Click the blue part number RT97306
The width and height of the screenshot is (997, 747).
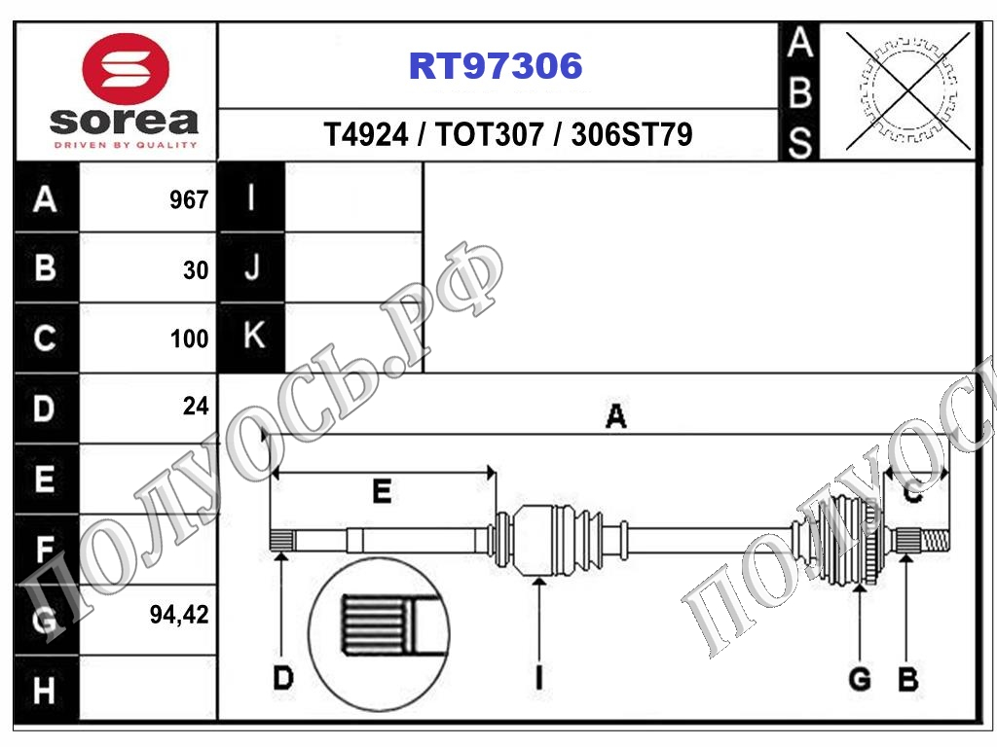click(x=496, y=65)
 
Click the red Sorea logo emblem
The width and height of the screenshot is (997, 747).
click(x=126, y=69)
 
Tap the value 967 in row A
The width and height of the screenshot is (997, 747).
click(x=189, y=200)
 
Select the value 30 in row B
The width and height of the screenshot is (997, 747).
click(x=196, y=270)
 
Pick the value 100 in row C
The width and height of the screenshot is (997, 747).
click(x=190, y=338)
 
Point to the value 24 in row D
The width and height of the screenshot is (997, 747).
click(x=196, y=406)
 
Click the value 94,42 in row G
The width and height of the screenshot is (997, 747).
click(x=179, y=615)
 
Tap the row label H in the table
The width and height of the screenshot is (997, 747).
click(x=44, y=691)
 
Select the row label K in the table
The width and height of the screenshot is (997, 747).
click(x=254, y=335)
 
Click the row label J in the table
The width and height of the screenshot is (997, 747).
click(x=252, y=267)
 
